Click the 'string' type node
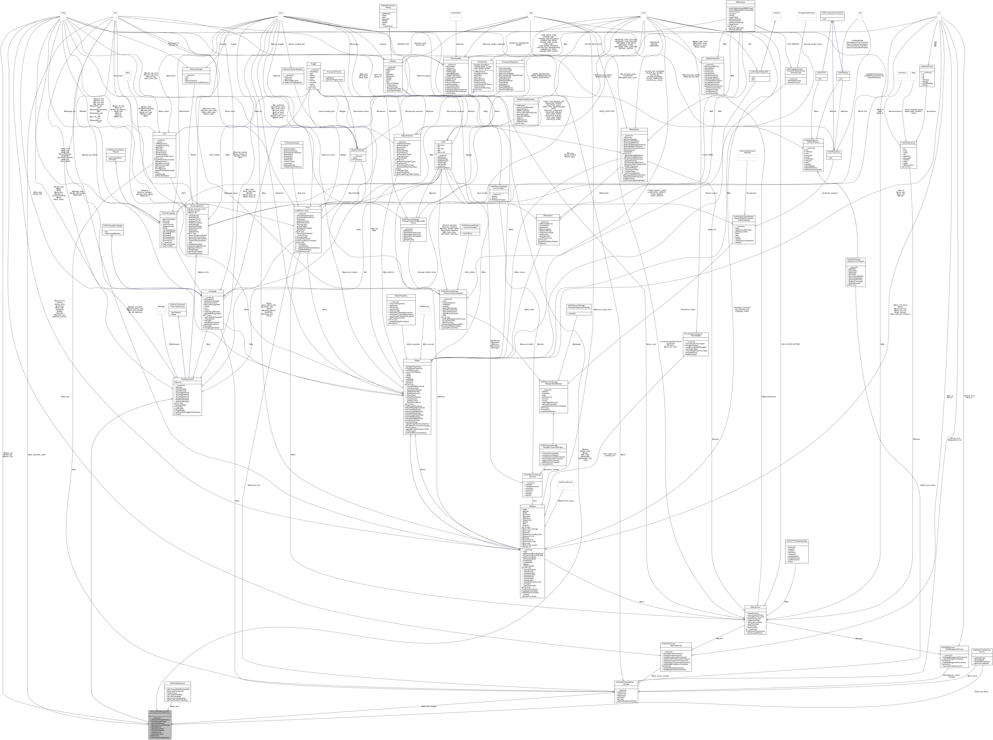point(63,13)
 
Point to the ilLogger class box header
point(313,64)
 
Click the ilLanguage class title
point(212,291)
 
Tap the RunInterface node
point(456,13)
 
